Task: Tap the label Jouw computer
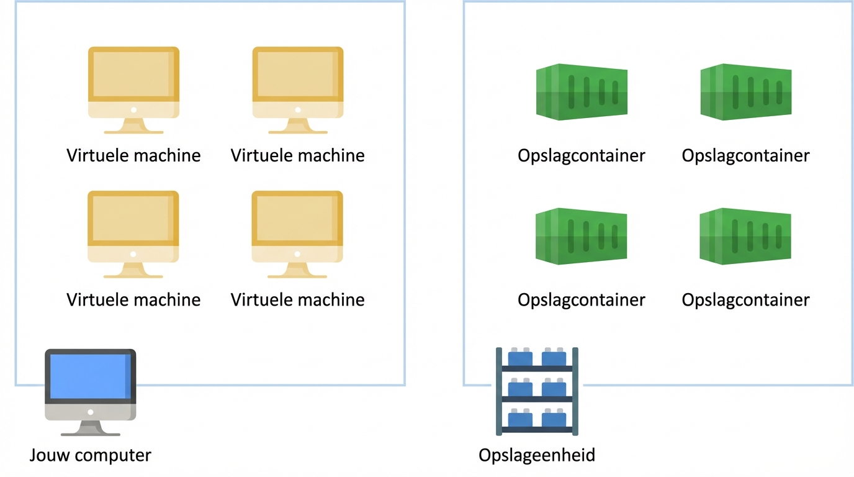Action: point(90,455)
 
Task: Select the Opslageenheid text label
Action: point(537,455)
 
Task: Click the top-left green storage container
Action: point(582,92)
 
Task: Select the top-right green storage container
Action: point(745,92)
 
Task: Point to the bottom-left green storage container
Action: point(582,236)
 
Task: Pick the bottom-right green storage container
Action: point(745,236)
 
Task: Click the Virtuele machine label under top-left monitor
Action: point(133,155)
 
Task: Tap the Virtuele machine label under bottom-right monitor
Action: point(298,299)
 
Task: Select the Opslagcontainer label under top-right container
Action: point(745,155)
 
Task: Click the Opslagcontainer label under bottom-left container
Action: point(582,299)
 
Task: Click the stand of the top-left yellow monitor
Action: point(133,127)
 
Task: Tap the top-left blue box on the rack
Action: point(520,358)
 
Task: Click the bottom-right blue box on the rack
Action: point(554,419)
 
